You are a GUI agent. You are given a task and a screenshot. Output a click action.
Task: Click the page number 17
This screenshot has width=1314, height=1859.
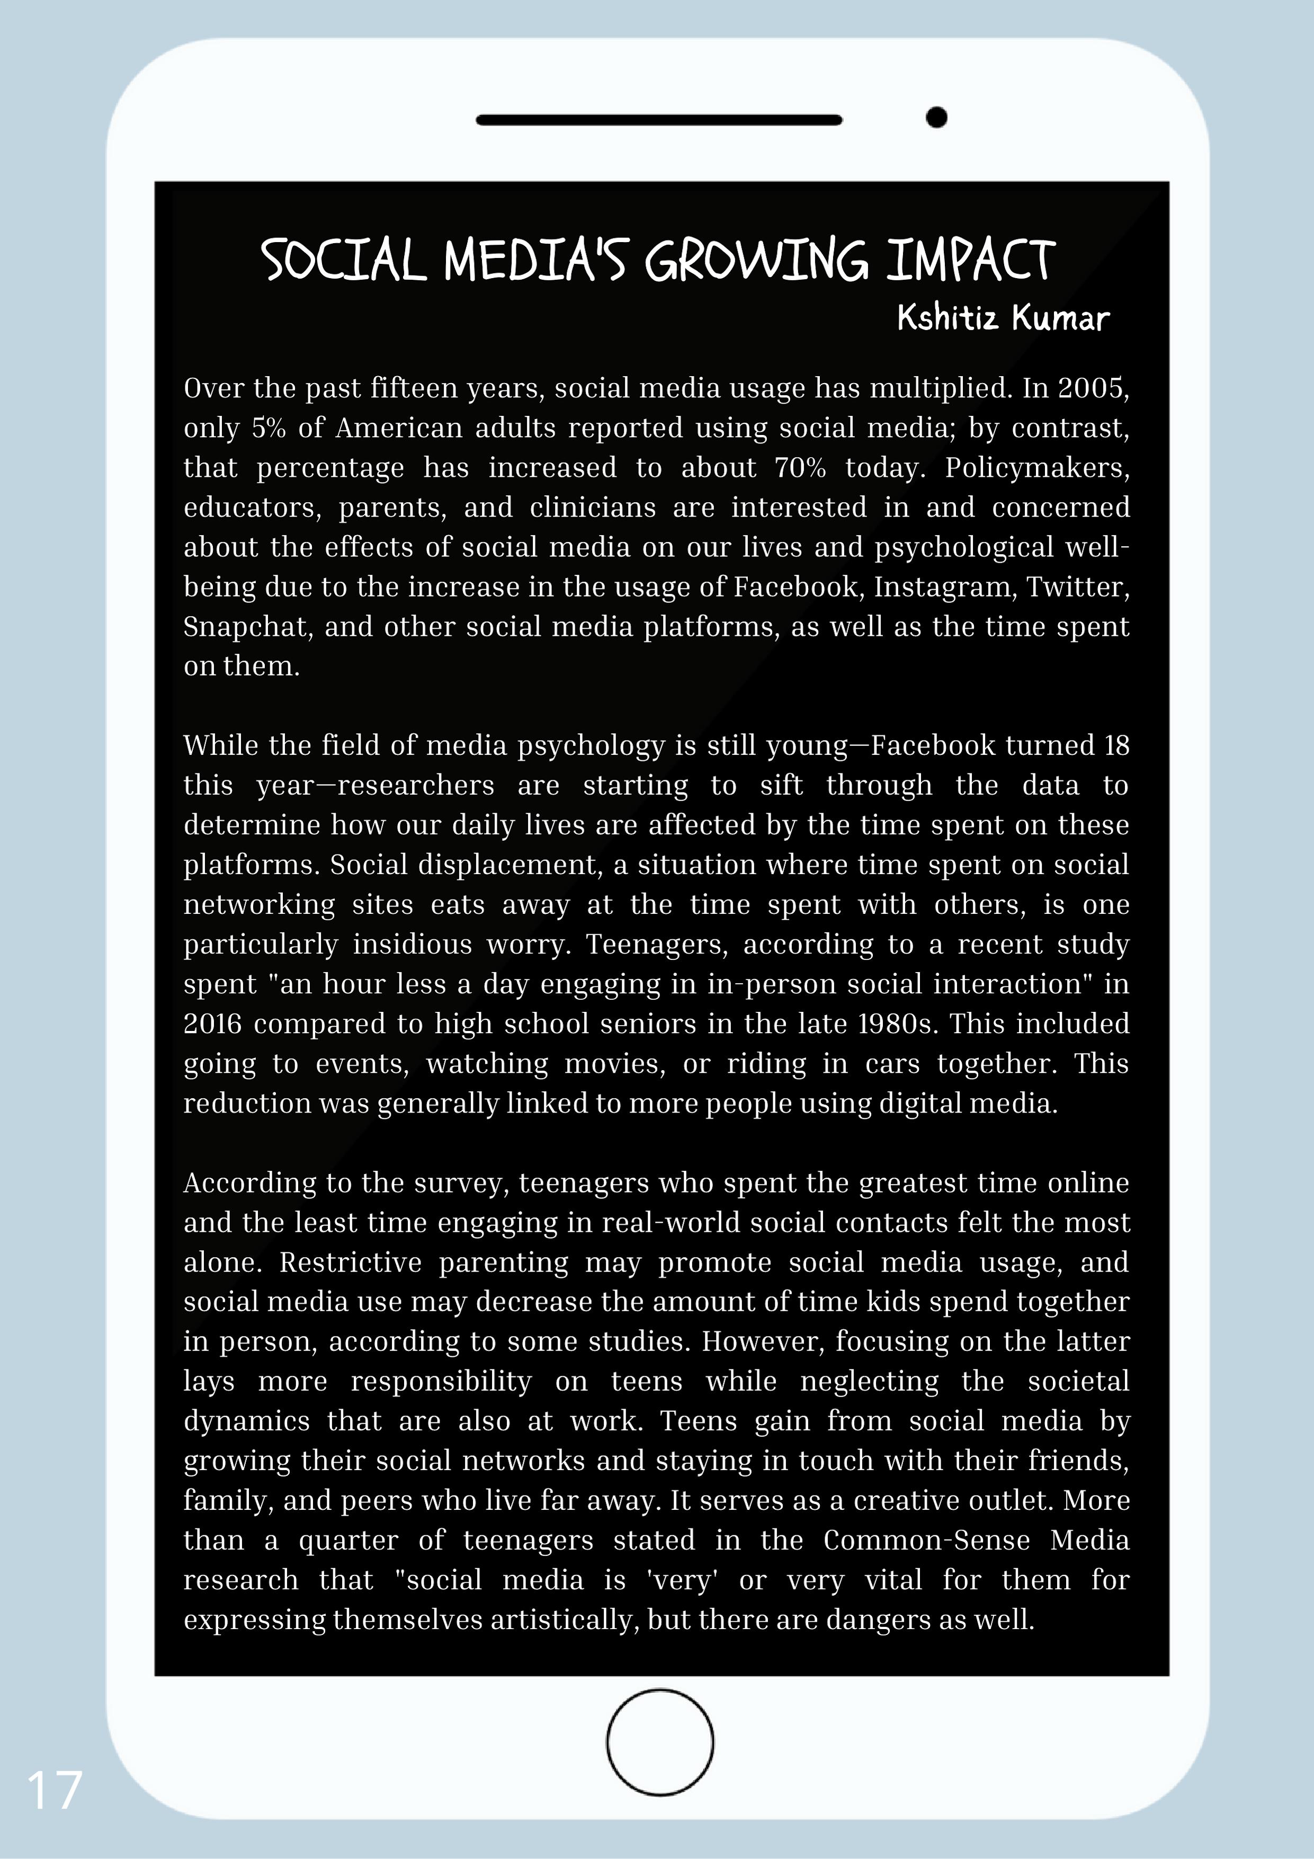point(54,1790)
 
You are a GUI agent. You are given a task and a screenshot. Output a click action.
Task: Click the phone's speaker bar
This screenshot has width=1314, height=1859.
point(659,120)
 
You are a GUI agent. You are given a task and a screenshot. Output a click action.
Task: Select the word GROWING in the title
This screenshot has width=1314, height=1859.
point(756,261)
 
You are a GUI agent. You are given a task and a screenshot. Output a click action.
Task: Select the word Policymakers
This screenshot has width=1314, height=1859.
point(1036,468)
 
